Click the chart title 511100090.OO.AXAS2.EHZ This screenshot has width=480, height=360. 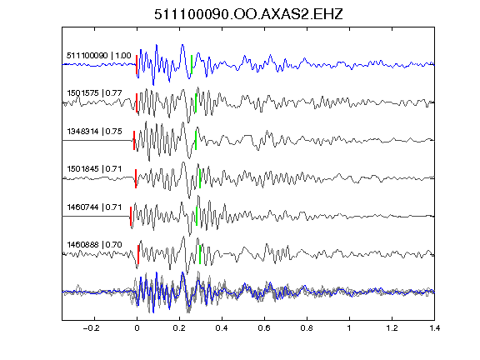[248, 14]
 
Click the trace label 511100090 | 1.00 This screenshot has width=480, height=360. [99, 56]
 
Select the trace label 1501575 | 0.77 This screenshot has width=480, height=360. [95, 93]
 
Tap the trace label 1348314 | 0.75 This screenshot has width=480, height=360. [95, 132]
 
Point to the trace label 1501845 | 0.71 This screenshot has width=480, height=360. [95, 169]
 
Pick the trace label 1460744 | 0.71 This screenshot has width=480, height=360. [95, 207]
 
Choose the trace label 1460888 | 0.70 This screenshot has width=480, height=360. [95, 245]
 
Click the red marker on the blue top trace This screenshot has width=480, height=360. [137, 65]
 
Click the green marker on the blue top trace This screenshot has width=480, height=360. [192, 65]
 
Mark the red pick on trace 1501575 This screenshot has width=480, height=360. [137, 102]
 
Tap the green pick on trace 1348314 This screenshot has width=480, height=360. [196, 141]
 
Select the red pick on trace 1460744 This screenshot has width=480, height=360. [131, 217]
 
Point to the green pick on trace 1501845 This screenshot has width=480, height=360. [200, 178]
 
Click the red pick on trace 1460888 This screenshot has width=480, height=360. [138, 254]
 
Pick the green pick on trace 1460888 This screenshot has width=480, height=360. [200, 254]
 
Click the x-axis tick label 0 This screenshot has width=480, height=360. [137, 328]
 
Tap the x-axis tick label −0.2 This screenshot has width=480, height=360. [91, 328]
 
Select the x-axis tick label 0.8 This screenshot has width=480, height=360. [307, 328]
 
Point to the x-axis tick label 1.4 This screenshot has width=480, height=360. [434, 328]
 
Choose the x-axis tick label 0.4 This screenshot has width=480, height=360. [222, 328]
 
